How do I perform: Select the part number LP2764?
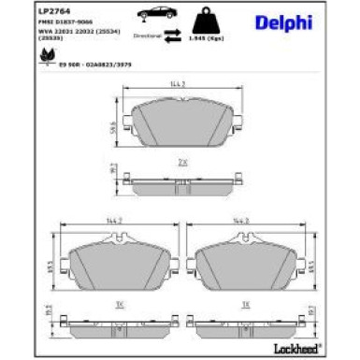(24, 8)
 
